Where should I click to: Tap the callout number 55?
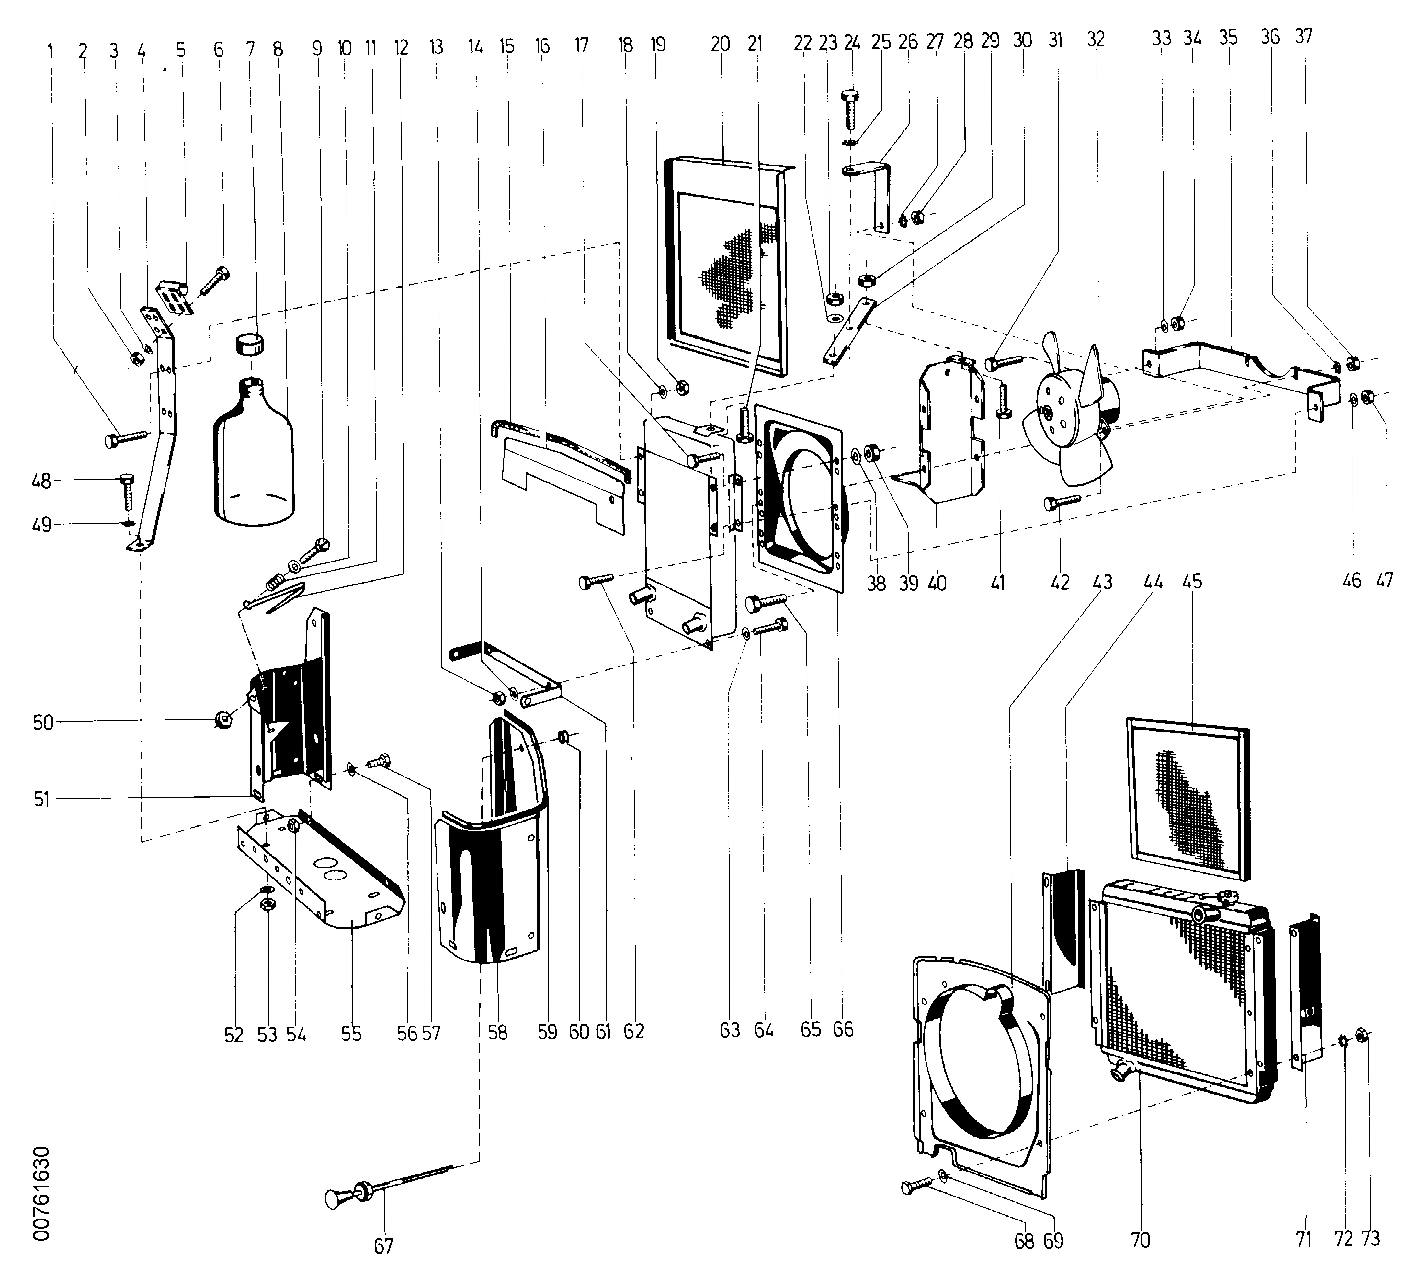[352, 1034]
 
